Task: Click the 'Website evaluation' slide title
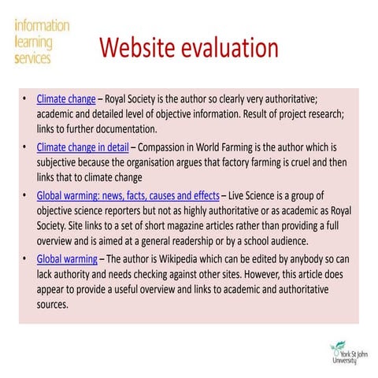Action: (x=189, y=49)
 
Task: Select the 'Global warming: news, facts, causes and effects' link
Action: (x=128, y=195)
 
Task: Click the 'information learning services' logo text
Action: (x=41, y=42)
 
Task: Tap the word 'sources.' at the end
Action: (x=53, y=304)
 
